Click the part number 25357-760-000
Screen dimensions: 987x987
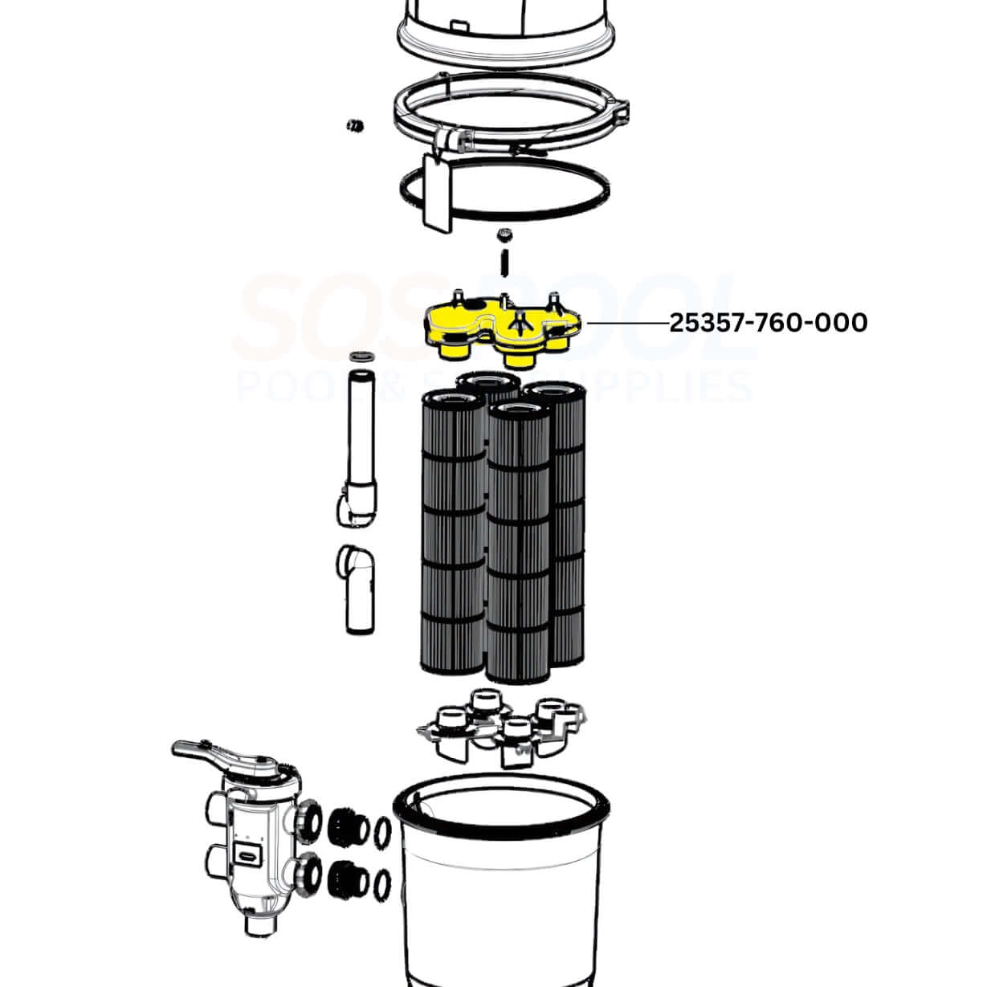[769, 323]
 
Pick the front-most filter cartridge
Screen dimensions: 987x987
[519, 546]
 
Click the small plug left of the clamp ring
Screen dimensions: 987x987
[353, 125]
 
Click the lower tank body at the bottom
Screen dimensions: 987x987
[502, 883]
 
